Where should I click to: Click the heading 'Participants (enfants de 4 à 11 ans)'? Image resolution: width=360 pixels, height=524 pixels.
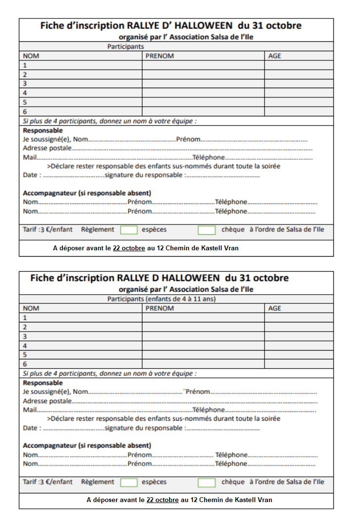tap(161, 299)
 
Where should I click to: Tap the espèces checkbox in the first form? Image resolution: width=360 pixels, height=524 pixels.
tap(129, 230)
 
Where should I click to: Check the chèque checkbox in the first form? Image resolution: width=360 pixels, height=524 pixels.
tap(207, 230)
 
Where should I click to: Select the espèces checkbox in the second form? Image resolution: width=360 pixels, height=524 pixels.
tap(129, 482)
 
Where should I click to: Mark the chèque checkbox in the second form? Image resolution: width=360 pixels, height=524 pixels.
tap(207, 482)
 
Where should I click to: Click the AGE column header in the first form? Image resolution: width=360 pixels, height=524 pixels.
tap(275, 56)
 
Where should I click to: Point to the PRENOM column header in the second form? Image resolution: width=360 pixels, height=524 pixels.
tap(160, 308)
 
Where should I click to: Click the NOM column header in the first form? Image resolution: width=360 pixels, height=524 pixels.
tap(31, 56)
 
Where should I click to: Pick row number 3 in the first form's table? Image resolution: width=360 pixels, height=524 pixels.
tap(25, 84)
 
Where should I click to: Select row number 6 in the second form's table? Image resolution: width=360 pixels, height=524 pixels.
tap(25, 364)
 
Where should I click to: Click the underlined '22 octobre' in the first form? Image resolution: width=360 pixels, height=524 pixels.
tap(129, 248)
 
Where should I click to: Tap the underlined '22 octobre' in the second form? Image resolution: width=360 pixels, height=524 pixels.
tap(162, 500)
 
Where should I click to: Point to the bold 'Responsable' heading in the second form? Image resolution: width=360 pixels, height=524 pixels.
tap(43, 383)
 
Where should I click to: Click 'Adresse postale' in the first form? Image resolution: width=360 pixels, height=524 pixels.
tap(47, 148)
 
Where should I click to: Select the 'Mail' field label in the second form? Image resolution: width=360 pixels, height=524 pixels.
tap(30, 410)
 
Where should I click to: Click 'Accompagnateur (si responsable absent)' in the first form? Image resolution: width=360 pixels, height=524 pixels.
tap(87, 193)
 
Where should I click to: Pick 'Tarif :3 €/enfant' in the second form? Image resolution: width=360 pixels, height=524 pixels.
tap(48, 482)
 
